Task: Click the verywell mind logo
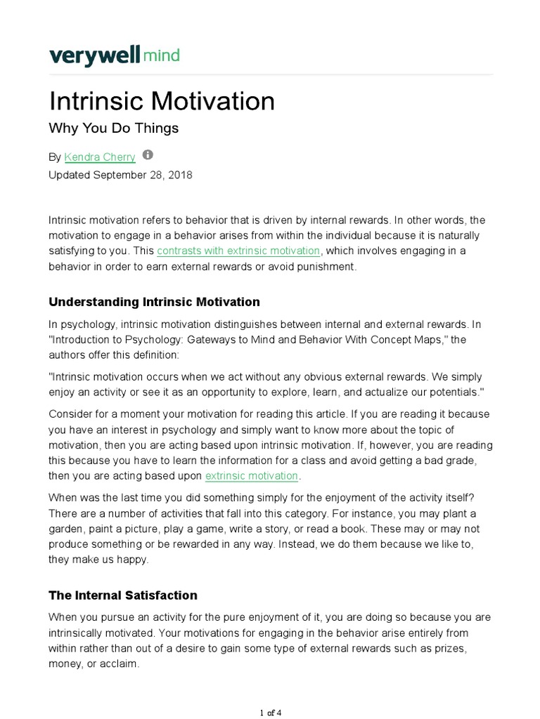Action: click(x=114, y=55)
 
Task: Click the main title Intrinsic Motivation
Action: click(x=162, y=101)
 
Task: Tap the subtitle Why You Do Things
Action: click(x=113, y=128)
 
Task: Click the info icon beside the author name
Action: click(x=148, y=155)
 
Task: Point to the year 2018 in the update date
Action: click(x=179, y=175)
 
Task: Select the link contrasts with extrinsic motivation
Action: click(x=238, y=251)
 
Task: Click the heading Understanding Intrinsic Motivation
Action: click(x=154, y=302)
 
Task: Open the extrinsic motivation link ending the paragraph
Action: click(x=252, y=475)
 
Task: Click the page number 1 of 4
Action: click(x=270, y=713)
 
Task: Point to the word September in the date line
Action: click(x=118, y=175)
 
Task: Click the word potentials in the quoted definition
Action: click(x=438, y=391)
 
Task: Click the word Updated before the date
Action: click(x=70, y=175)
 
